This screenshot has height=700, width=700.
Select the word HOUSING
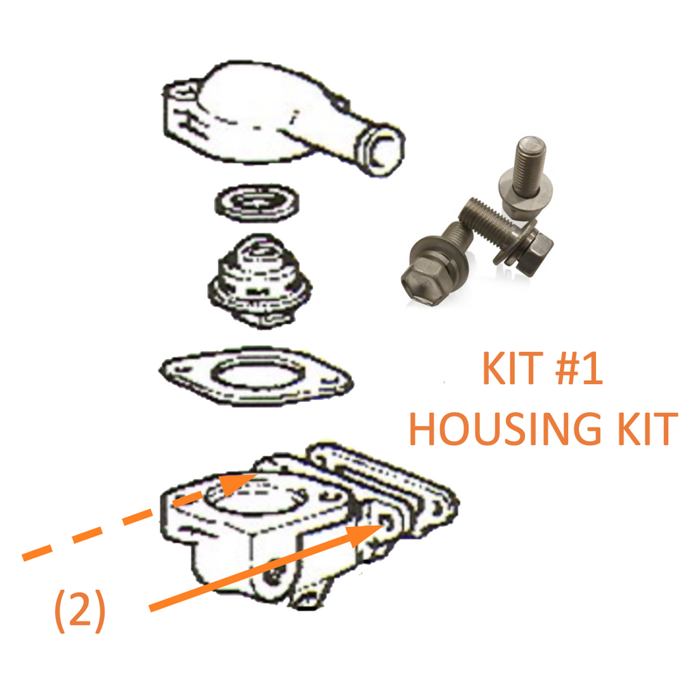505,429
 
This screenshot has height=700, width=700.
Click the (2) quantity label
80,610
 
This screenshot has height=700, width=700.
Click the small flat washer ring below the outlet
257,203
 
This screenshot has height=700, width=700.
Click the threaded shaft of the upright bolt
529,167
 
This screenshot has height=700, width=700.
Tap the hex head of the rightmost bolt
537,253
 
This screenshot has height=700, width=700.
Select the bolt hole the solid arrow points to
387,522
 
